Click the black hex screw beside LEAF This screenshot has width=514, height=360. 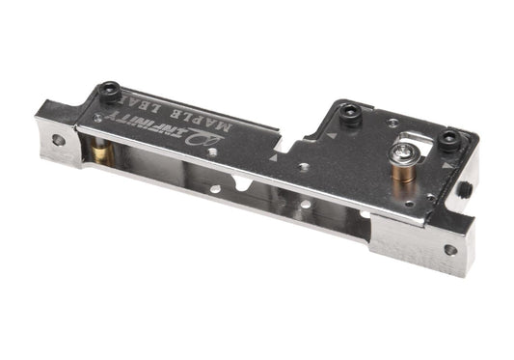click(x=110, y=91)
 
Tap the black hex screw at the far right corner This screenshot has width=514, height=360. click(x=450, y=140)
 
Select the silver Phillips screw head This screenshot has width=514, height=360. click(x=402, y=152)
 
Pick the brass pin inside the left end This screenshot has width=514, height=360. click(x=101, y=152)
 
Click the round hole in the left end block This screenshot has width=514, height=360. click(x=59, y=140)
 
